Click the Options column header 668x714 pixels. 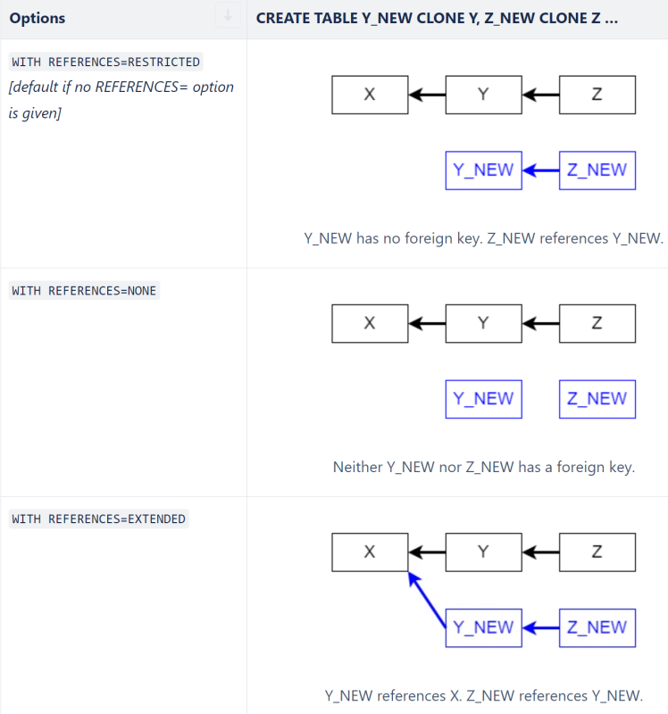[x=38, y=18]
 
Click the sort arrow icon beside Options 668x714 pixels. [x=228, y=15]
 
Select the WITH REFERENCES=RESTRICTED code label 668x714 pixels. [x=105, y=62]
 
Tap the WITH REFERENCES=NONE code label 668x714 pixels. [x=84, y=291]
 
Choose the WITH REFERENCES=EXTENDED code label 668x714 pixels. [x=98, y=519]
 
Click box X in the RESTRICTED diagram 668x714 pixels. [x=370, y=95]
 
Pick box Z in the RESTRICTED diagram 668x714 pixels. [x=597, y=95]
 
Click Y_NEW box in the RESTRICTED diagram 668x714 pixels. [x=483, y=170]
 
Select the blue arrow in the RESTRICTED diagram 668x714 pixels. [x=540, y=170]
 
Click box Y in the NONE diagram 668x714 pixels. [x=483, y=323]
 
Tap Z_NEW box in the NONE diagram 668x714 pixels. [x=597, y=399]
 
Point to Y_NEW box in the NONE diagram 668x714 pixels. [x=483, y=399]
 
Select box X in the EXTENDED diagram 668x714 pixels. [x=370, y=552]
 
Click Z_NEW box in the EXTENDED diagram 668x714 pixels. [x=597, y=627]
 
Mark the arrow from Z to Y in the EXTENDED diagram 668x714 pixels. [x=540, y=552]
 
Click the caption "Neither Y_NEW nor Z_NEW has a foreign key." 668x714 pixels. [x=483, y=467]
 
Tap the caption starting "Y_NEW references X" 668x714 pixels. [x=483, y=695]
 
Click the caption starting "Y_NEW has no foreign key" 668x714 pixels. [x=483, y=238]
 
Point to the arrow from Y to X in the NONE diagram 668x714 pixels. [x=427, y=323]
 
